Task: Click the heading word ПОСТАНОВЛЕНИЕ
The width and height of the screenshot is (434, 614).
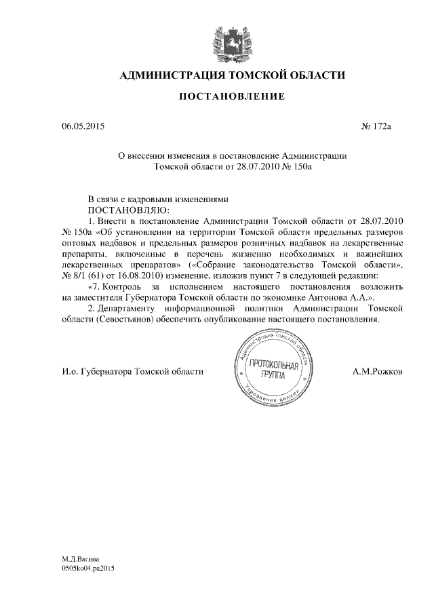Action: tap(231, 97)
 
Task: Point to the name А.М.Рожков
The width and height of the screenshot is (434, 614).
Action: tap(377, 372)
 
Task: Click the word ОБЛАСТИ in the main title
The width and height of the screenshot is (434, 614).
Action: tap(313, 75)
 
